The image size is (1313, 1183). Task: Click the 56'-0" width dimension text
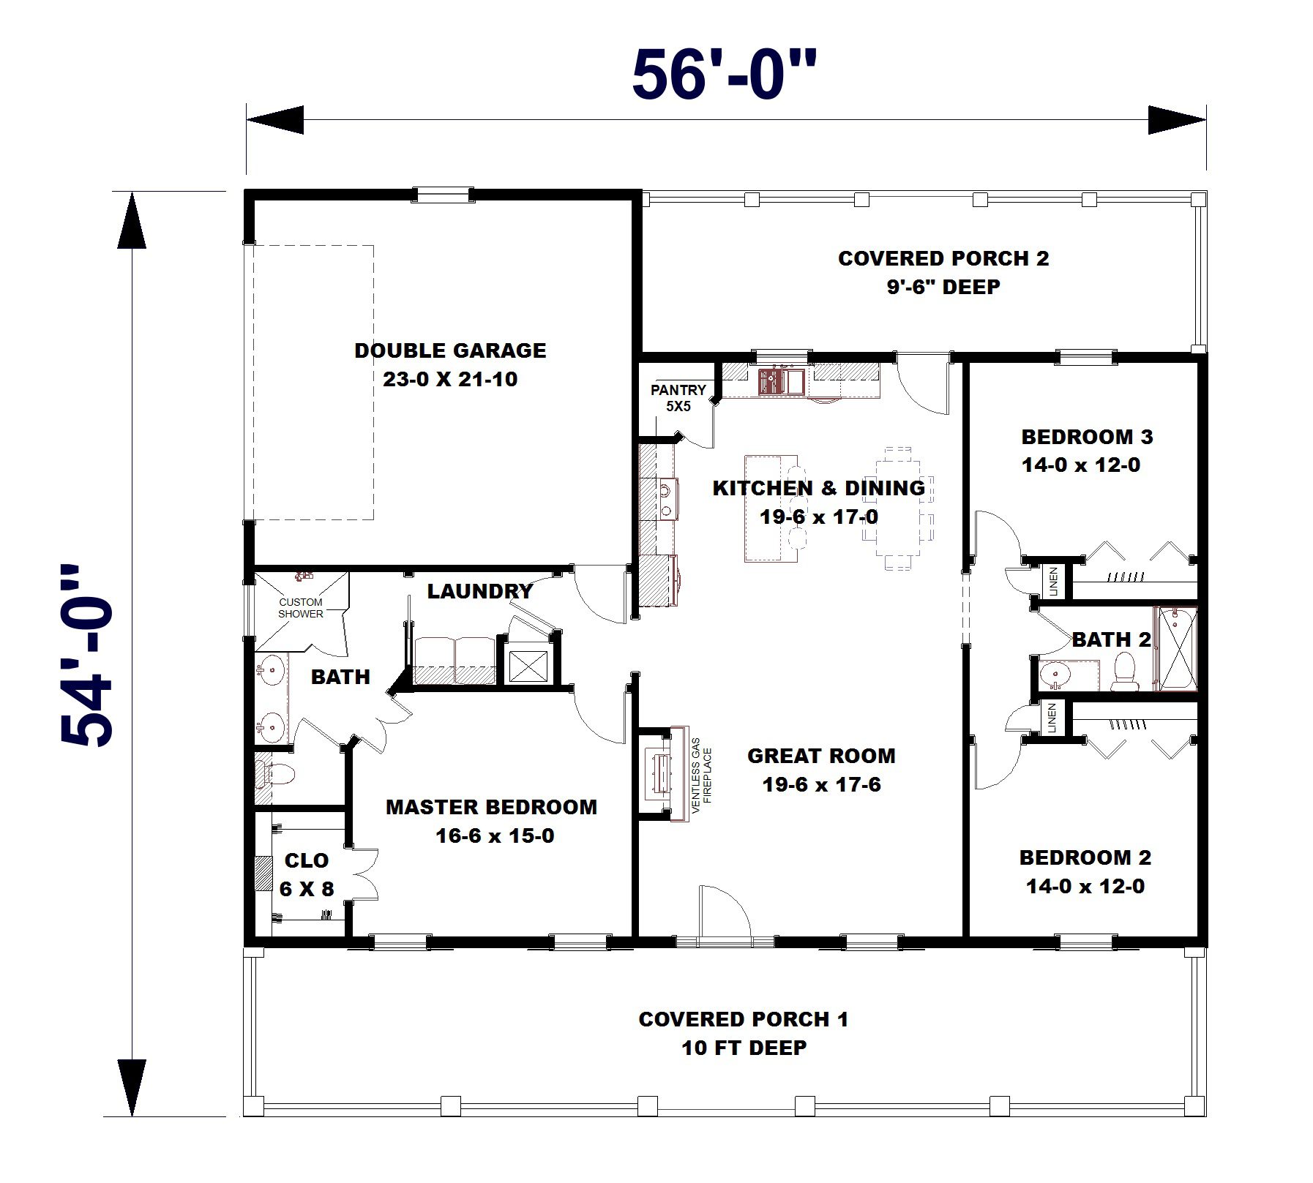[723, 75]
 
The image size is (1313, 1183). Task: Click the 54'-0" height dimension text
[87, 655]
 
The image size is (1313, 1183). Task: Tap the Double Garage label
[450, 350]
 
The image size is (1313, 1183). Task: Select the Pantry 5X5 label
[678, 397]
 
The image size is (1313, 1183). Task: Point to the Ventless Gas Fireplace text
[701, 775]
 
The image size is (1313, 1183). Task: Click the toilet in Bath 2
[1124, 672]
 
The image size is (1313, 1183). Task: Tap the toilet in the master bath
[277, 774]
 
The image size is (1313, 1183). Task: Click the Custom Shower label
[300, 608]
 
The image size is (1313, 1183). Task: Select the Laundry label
[479, 591]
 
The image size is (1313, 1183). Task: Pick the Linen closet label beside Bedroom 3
[1053, 581]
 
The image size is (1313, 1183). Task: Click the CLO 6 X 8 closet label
[307, 874]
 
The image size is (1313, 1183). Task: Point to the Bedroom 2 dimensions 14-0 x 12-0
[1085, 887]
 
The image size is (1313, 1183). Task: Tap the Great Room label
[821, 756]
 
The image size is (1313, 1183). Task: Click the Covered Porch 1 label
[744, 1019]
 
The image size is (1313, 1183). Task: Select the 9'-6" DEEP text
[943, 287]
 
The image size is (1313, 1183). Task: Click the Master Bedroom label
[492, 807]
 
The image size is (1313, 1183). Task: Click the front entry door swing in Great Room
[724, 911]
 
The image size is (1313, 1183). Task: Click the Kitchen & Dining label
[819, 488]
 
